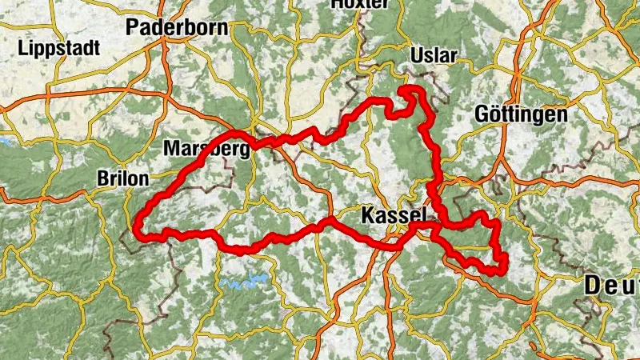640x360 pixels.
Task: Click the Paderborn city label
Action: click(x=177, y=27)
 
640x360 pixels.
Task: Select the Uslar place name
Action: click(x=433, y=55)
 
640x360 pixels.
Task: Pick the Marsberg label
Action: click(x=206, y=149)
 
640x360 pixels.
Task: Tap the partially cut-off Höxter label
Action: click(x=359, y=4)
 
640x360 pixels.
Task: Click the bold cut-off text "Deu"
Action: click(x=611, y=284)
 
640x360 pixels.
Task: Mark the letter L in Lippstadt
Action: click(x=23, y=48)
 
